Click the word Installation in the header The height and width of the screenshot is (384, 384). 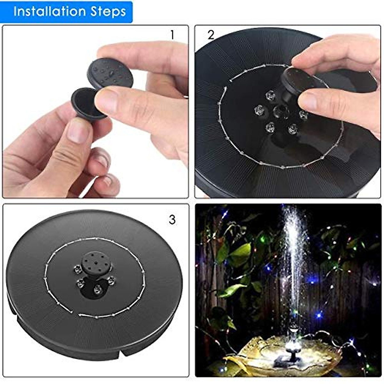pos(50,12)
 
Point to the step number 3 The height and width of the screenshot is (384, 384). pos(172,220)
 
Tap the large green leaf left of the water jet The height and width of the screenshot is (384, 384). pos(240,253)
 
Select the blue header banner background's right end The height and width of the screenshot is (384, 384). pos(128,12)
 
